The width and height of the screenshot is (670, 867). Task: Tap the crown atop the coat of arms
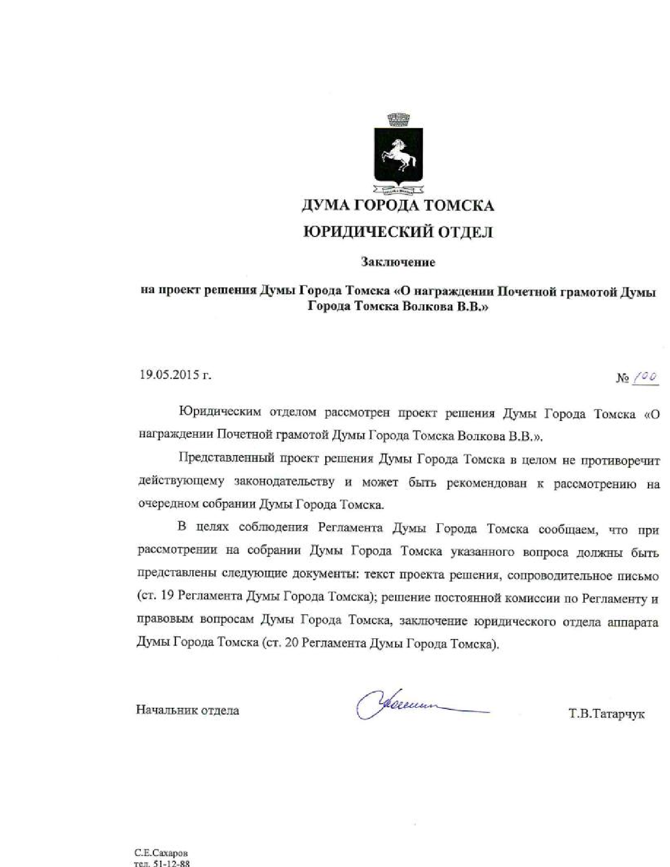coord(397,119)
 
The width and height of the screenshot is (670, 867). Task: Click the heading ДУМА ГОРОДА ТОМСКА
coord(397,205)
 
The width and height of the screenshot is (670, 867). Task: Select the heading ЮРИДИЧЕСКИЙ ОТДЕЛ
coord(398,232)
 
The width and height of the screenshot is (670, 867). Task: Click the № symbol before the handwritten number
coord(623,378)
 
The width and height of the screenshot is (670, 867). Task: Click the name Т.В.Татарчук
coord(606,714)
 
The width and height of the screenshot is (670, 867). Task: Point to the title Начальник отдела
coord(188,710)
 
